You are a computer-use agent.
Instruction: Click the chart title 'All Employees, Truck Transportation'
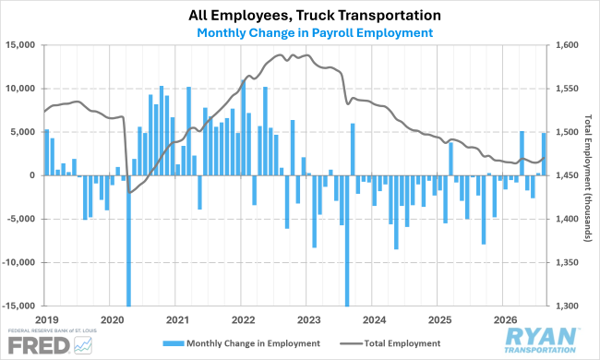[x=315, y=16]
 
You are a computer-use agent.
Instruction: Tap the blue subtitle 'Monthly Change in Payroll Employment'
[x=315, y=33]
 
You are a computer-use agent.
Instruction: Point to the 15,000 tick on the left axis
[x=20, y=45]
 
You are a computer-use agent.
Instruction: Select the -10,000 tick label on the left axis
[x=18, y=262]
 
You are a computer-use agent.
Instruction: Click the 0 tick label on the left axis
[x=32, y=175]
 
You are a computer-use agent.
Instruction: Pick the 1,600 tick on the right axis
[x=567, y=45]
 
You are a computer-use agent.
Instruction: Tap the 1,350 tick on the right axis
[x=567, y=262]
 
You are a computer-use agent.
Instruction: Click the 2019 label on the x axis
[x=47, y=319]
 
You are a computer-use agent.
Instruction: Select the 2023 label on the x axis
[x=309, y=319]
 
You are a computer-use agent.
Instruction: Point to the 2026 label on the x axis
[x=506, y=319]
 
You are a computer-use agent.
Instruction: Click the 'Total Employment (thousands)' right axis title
[x=588, y=178]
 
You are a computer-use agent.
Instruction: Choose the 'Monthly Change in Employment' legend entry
[x=242, y=343]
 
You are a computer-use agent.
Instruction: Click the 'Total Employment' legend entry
[x=390, y=343]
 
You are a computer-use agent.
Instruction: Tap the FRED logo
[x=50, y=345]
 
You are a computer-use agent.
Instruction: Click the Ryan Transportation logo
[x=541, y=340]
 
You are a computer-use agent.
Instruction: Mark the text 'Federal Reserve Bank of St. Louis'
[x=52, y=330]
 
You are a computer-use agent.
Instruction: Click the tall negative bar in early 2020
[x=128, y=241]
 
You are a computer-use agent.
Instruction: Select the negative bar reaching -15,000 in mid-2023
[x=347, y=241]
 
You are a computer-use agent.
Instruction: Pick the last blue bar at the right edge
[x=544, y=154]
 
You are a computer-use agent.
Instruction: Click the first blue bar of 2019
[x=47, y=152]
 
